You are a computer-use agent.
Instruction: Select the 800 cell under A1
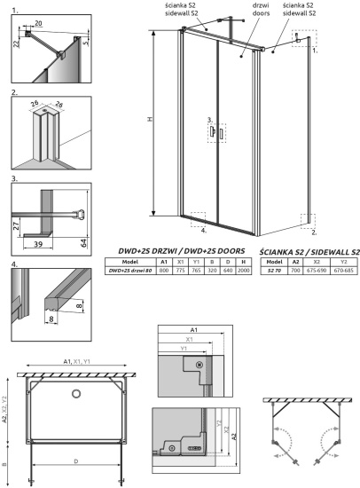[163, 271]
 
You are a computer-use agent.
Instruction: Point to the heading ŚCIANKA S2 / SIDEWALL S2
[309, 252]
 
